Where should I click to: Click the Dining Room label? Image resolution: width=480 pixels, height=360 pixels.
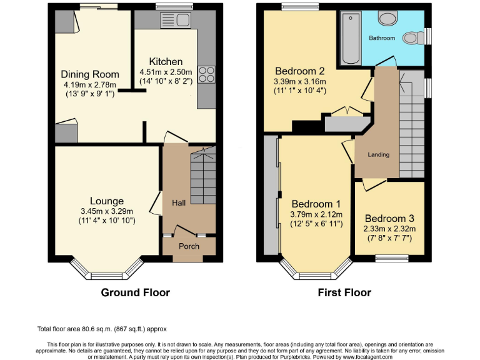90,74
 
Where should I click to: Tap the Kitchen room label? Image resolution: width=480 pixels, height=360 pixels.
166,62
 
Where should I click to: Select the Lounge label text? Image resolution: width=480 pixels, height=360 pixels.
106,201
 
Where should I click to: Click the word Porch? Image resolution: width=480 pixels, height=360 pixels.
189,246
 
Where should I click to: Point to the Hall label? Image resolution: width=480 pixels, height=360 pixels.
179,202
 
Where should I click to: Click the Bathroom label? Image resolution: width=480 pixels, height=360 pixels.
381,38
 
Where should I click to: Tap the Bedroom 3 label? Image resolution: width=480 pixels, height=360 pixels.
389,219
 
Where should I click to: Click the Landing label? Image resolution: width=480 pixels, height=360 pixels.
378,154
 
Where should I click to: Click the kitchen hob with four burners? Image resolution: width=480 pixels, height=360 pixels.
206,74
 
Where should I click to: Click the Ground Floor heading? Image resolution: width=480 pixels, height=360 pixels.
136,292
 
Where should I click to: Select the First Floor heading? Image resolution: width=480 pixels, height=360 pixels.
344,292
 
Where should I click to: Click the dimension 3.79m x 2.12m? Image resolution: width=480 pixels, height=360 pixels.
316,214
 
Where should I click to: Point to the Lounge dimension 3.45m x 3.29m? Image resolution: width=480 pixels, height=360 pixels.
106,211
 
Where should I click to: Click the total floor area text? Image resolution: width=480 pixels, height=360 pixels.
102,329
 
